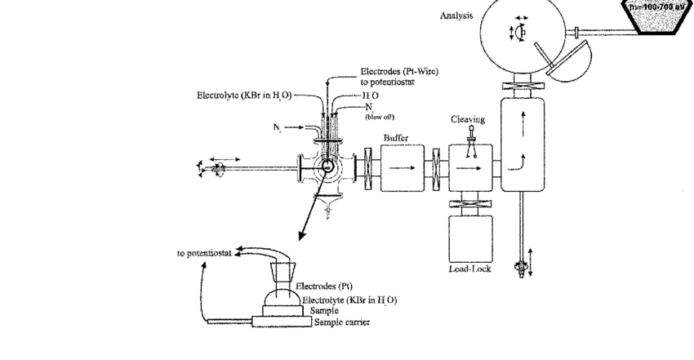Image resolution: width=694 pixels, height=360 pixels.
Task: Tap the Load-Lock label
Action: pos(469,269)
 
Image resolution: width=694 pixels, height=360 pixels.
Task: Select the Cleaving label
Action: pos(468,119)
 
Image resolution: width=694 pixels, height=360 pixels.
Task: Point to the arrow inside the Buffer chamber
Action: pos(403,169)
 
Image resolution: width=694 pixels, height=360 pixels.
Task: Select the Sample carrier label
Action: pos(341,322)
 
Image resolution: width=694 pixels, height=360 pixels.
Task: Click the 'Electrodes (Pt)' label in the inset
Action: pos(324,287)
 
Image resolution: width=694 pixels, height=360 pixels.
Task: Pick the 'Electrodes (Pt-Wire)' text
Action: pos(399,72)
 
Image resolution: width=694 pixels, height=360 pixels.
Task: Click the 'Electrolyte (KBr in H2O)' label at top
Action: pos(244,95)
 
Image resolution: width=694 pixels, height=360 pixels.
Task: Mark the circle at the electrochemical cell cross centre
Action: pos(327,168)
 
